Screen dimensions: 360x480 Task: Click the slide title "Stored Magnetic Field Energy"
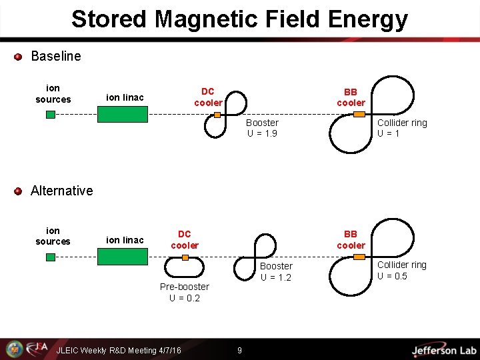pos(239,19)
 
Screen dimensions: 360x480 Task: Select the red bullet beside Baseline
pos(19,57)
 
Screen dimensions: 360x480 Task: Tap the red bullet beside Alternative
pos(19,191)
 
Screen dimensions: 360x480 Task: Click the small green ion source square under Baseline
pos(50,115)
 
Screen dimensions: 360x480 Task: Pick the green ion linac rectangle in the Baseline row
pos(123,114)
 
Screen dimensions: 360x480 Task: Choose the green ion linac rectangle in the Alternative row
pos(123,257)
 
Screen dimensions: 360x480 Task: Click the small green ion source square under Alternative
pos(50,257)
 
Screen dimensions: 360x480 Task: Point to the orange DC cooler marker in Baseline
pos(217,115)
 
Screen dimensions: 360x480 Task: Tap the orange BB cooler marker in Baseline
pos(359,114)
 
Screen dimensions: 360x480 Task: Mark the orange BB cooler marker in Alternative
pos(359,257)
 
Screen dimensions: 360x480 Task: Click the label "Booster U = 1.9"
pos(262,128)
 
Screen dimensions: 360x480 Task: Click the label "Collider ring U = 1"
pos(402,128)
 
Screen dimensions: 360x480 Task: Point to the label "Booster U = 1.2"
pos(276,271)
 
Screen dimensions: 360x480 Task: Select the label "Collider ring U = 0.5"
pos(402,270)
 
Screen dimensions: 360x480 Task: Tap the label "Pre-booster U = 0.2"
pos(185,292)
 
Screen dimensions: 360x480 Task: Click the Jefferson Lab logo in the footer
pos(444,350)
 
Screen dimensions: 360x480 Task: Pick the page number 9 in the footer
pos(240,350)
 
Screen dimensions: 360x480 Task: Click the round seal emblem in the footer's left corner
pos(14,349)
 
